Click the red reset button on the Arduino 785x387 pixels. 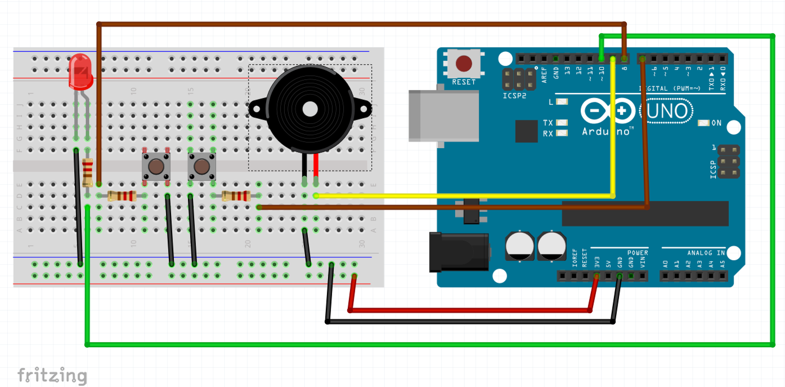[464, 63]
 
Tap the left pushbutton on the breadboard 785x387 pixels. [156, 166]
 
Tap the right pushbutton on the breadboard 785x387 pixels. [202, 166]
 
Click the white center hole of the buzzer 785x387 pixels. [310, 109]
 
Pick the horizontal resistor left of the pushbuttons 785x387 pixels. [122, 196]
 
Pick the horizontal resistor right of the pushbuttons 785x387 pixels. [236, 196]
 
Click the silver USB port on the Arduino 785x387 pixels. [444, 116]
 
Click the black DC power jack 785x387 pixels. [459, 252]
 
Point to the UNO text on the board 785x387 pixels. [667, 111]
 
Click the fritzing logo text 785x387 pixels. [52, 375]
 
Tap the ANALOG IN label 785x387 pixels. [706, 253]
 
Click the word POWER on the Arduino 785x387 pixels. [637, 253]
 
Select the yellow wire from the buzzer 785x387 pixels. [464, 196]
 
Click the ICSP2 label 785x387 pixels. [514, 96]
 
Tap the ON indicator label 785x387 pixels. [716, 123]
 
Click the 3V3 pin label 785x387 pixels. [597, 262]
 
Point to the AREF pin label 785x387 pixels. [544, 74]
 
